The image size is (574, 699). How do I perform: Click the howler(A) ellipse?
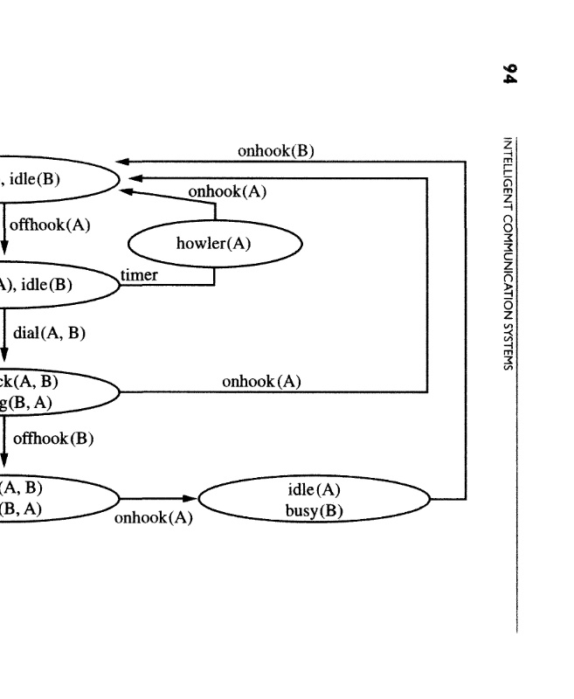[214, 242]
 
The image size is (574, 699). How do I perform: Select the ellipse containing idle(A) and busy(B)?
[315, 500]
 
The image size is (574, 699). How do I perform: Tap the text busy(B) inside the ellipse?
[314, 510]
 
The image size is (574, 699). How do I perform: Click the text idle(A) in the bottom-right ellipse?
[314, 489]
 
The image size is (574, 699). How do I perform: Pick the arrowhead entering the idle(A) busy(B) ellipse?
[194, 500]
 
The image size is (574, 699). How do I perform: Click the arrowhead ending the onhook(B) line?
[123, 162]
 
